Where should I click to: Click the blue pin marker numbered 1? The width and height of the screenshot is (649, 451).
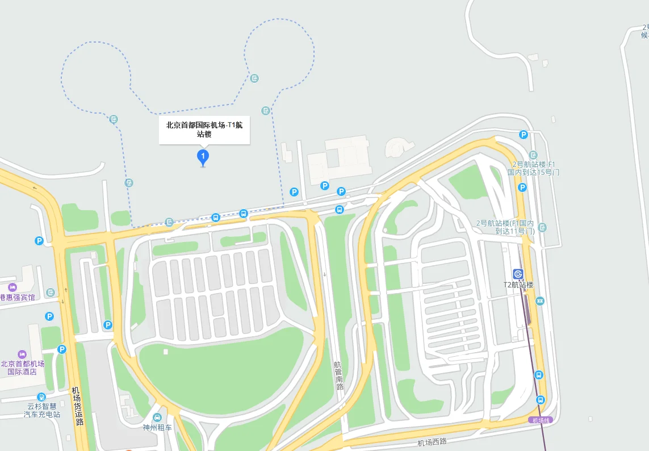(203, 156)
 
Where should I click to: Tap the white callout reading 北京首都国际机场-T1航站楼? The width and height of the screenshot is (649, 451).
(204, 130)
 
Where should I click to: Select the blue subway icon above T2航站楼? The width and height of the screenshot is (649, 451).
(518, 274)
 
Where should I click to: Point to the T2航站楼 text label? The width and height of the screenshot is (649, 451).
(518, 285)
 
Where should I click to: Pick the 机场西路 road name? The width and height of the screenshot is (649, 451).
(432, 442)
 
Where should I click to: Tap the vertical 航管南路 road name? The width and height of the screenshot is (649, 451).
(339, 375)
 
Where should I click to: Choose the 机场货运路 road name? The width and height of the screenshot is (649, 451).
(77, 406)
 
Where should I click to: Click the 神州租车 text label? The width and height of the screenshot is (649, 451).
(157, 428)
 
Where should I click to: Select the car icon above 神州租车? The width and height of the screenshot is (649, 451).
(157, 417)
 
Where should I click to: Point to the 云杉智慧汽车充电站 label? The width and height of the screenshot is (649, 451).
(41, 410)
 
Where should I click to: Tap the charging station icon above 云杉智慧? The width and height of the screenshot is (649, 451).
(41, 396)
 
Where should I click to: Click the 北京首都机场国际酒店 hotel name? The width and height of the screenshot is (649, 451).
(22, 368)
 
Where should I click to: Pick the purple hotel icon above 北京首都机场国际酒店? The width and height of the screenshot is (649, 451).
(22, 354)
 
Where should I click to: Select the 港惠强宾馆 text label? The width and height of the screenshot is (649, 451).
(17, 297)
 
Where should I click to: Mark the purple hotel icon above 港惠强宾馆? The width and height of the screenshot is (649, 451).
(12, 287)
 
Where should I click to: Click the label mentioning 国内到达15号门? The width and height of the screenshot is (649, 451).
(533, 168)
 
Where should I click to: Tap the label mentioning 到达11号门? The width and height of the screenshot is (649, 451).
(505, 227)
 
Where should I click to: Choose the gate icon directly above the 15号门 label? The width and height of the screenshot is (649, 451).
(533, 155)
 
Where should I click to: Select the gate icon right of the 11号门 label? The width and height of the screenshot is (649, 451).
(542, 227)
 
